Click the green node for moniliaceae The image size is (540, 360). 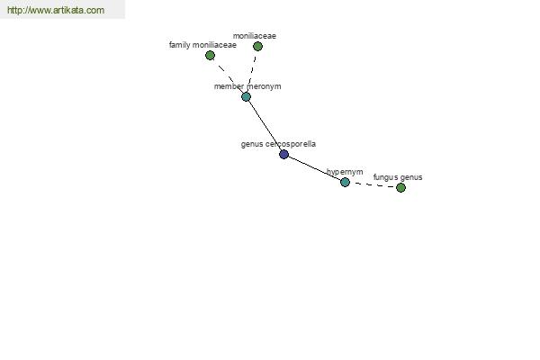pos(257,46)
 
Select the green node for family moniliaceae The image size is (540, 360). pos(210,55)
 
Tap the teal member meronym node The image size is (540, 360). pos(246,96)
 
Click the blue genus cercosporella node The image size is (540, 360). pos(283,154)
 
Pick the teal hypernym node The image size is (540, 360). pos(345,182)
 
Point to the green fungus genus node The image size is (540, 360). pos(400,187)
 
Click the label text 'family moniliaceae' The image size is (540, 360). pos(202,45)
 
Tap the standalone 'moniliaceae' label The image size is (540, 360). pos(255,36)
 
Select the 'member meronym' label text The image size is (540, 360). pos(247,86)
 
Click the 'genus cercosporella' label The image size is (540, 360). pos(278,144)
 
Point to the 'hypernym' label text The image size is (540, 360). pos(345,172)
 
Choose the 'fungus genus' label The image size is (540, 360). pos(398,177)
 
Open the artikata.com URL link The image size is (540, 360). pos(56,10)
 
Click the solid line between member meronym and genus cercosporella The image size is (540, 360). pos(265,125)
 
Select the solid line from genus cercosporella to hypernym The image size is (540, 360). pos(314,168)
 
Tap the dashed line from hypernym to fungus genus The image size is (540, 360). pos(373,185)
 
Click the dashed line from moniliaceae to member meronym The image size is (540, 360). pos(252,71)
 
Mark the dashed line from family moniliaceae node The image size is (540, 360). pos(228,76)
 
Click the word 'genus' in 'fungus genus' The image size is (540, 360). pos(411,178)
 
